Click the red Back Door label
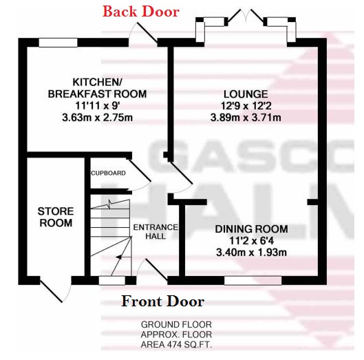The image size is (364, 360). [x=141, y=12]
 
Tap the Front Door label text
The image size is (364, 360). [x=162, y=301]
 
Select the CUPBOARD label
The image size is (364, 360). [x=108, y=173]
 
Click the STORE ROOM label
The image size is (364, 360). [x=56, y=217]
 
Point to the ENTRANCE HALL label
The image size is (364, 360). [x=156, y=231]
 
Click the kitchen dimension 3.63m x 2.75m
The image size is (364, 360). [x=97, y=118]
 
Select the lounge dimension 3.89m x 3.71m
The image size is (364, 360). [x=246, y=118]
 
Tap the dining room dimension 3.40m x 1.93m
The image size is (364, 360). [x=251, y=252]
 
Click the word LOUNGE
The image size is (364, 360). [x=246, y=94]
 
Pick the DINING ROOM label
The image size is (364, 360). [x=251, y=229]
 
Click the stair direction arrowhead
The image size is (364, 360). [x=118, y=257]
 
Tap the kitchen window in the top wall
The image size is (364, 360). [x=58, y=43]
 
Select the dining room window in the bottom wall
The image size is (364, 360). [x=253, y=281]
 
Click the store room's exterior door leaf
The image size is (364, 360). [x=51, y=291]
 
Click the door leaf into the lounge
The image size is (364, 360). [x=181, y=173]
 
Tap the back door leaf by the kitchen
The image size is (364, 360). [x=147, y=33]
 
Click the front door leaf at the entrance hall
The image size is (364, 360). [x=156, y=270]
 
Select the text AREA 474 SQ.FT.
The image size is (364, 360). [x=176, y=345]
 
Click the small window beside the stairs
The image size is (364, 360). [x=112, y=281]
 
